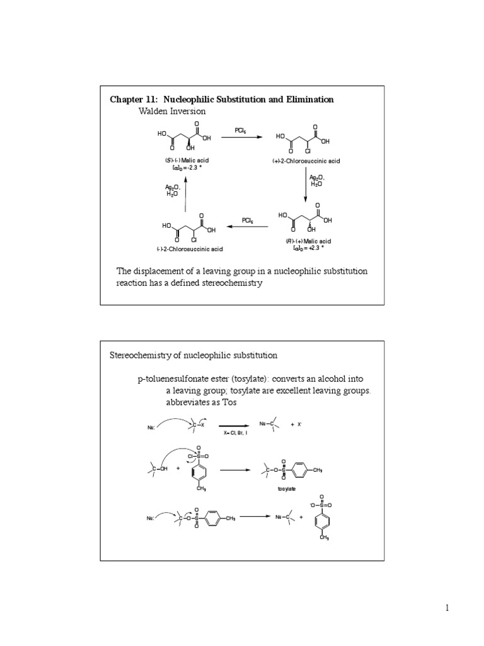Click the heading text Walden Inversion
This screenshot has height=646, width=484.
click(172, 111)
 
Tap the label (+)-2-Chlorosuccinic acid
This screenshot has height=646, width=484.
click(306, 161)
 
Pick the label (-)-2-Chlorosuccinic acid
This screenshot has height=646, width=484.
click(187, 249)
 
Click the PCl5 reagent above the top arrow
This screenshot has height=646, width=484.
click(241, 131)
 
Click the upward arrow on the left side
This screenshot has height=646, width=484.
click(185, 193)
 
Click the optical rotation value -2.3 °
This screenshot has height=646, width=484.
click(187, 168)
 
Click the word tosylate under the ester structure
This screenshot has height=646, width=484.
click(287, 488)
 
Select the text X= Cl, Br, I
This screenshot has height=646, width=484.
click(234, 433)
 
